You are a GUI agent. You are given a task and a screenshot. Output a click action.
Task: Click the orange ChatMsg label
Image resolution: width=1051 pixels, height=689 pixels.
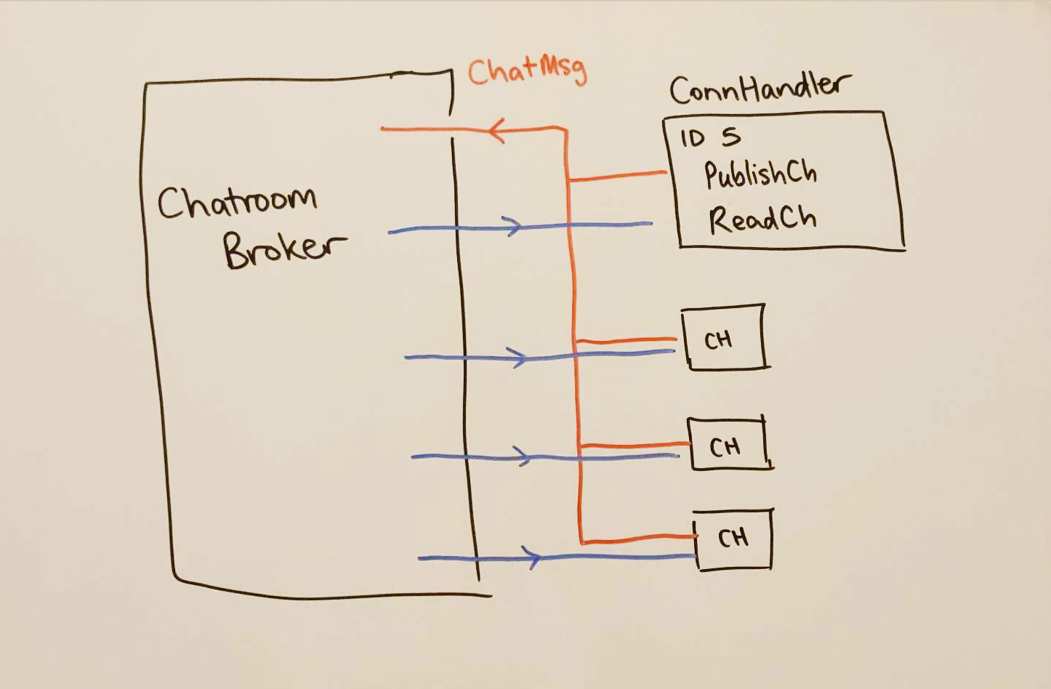(x=526, y=71)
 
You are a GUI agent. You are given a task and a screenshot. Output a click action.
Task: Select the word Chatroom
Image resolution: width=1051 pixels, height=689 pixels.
(x=237, y=202)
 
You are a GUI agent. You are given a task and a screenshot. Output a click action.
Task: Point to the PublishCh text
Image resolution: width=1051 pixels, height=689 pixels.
(x=760, y=174)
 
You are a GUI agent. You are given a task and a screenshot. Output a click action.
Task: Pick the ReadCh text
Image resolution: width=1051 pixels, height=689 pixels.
(x=762, y=219)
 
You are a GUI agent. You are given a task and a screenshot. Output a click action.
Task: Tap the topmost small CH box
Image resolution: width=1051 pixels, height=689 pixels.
(x=724, y=338)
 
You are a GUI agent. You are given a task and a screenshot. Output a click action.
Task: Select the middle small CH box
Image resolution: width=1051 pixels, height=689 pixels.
(x=728, y=445)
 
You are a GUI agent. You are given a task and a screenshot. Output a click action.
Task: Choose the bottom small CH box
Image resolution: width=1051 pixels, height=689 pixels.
(x=733, y=539)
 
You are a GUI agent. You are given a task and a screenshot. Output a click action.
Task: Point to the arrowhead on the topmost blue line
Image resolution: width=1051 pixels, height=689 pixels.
(x=514, y=226)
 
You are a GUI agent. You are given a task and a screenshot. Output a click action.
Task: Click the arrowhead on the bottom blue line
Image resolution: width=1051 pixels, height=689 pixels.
(x=533, y=558)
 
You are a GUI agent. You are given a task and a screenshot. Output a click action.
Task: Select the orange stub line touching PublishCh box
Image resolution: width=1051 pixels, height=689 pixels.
(x=618, y=176)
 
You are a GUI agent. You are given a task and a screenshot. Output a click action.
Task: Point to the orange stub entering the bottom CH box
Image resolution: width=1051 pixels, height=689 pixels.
(x=640, y=539)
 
